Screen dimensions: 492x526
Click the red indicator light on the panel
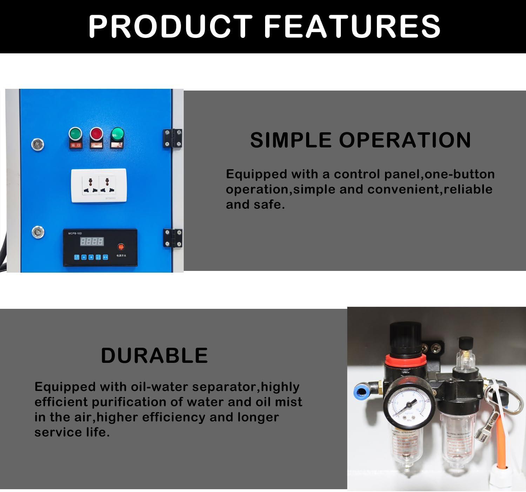(x=96, y=134)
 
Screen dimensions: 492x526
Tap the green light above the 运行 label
(x=75, y=134)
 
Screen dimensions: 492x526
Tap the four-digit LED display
(x=92, y=241)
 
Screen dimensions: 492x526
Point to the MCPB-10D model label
(x=75, y=233)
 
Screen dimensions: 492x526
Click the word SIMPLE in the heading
(x=291, y=140)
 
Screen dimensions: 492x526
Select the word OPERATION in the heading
(x=405, y=140)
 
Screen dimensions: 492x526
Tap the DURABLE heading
(x=154, y=355)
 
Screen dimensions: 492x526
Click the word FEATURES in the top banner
(x=352, y=26)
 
